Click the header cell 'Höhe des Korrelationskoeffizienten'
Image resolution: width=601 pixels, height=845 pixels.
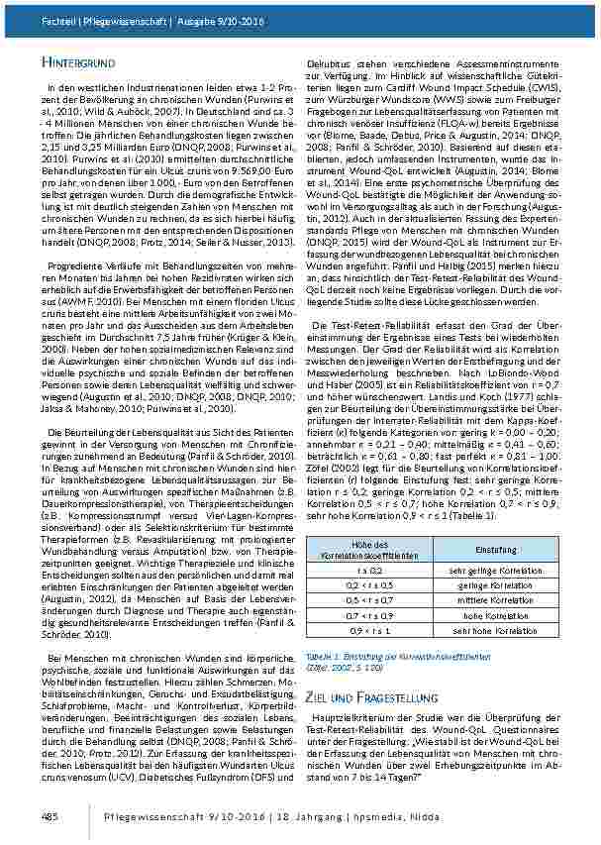click(368, 549)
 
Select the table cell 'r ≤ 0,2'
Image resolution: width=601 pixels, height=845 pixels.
click(368, 570)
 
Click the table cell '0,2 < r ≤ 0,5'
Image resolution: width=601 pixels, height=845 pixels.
click(368, 584)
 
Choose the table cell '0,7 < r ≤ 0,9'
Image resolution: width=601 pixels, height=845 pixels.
click(368, 615)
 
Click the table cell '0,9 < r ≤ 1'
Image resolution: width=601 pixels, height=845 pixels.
click(368, 630)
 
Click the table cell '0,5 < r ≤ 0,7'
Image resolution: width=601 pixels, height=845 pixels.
click(368, 599)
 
